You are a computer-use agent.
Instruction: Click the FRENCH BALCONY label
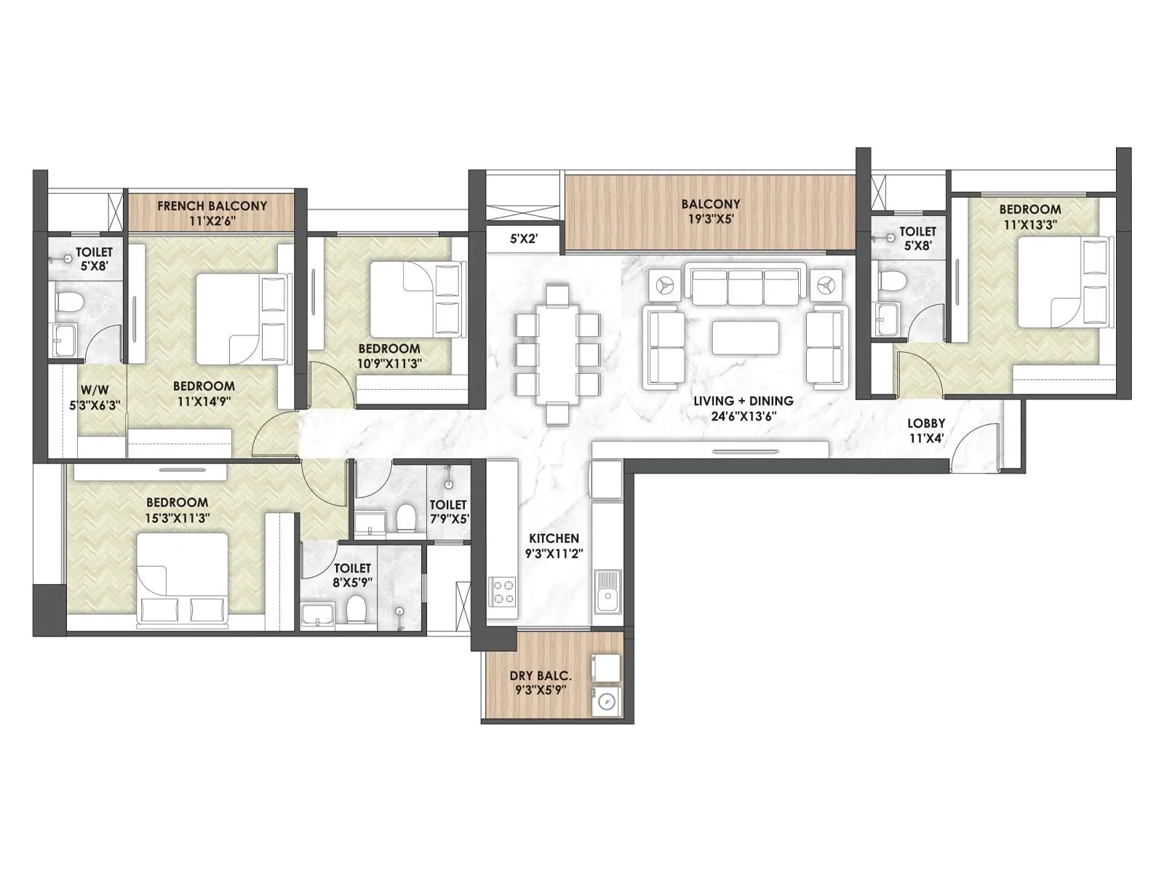[x=212, y=206]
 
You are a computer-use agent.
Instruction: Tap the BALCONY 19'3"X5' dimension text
[x=711, y=219]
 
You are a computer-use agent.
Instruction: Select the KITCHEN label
[x=554, y=538]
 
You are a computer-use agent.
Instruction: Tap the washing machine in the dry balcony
[x=606, y=702]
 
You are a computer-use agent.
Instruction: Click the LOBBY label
[x=926, y=423]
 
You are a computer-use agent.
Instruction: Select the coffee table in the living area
[x=744, y=337]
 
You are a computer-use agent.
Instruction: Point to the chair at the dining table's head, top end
[x=557, y=295]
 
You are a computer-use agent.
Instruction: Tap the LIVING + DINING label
[x=743, y=401]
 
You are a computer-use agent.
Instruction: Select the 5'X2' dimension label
[x=524, y=238]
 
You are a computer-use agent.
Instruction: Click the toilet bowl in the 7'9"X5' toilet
[x=406, y=519]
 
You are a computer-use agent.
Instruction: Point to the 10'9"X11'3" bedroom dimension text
[x=389, y=363]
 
